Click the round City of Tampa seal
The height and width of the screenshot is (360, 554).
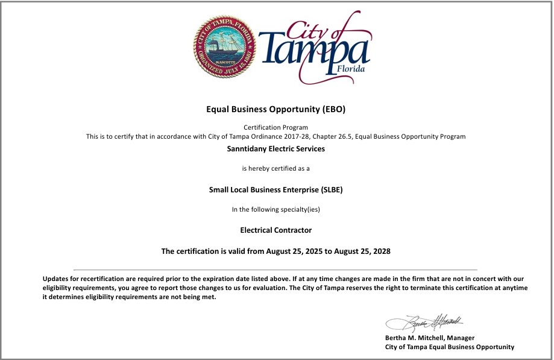click(224, 47)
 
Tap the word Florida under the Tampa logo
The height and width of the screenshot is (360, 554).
click(353, 69)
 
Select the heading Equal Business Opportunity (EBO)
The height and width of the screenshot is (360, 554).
click(275, 110)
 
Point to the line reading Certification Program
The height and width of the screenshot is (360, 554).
click(275, 127)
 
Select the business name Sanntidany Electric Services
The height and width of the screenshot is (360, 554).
click(275, 148)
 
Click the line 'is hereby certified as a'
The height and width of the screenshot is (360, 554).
click(275, 168)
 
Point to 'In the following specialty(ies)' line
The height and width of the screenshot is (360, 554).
click(275, 209)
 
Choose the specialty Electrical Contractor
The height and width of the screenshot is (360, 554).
click(275, 230)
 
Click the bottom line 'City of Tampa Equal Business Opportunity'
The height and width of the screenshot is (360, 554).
click(450, 347)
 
